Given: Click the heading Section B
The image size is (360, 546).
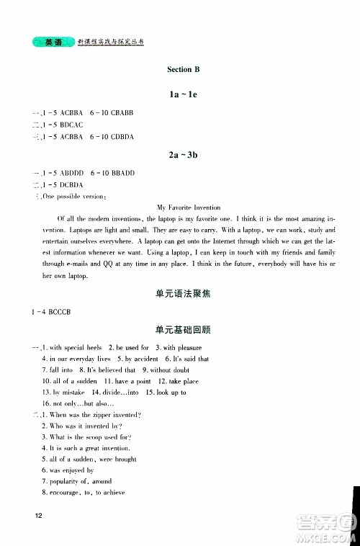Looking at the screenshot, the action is pos(183,70).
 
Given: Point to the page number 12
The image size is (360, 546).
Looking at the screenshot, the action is pos(28,515).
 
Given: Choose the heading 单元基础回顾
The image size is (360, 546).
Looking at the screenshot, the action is pos(183,330).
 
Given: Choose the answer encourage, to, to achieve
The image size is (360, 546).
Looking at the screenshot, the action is pos(86,493).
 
